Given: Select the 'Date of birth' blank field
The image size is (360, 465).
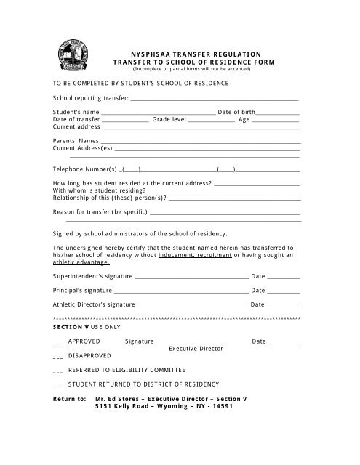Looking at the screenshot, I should click(x=279, y=113).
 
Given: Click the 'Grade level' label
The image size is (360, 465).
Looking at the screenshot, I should click(x=169, y=119).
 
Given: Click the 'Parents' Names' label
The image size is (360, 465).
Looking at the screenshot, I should click(x=76, y=139).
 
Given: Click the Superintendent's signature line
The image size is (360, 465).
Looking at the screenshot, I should click(x=192, y=277).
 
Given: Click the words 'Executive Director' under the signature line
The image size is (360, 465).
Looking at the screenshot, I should click(x=196, y=349).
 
